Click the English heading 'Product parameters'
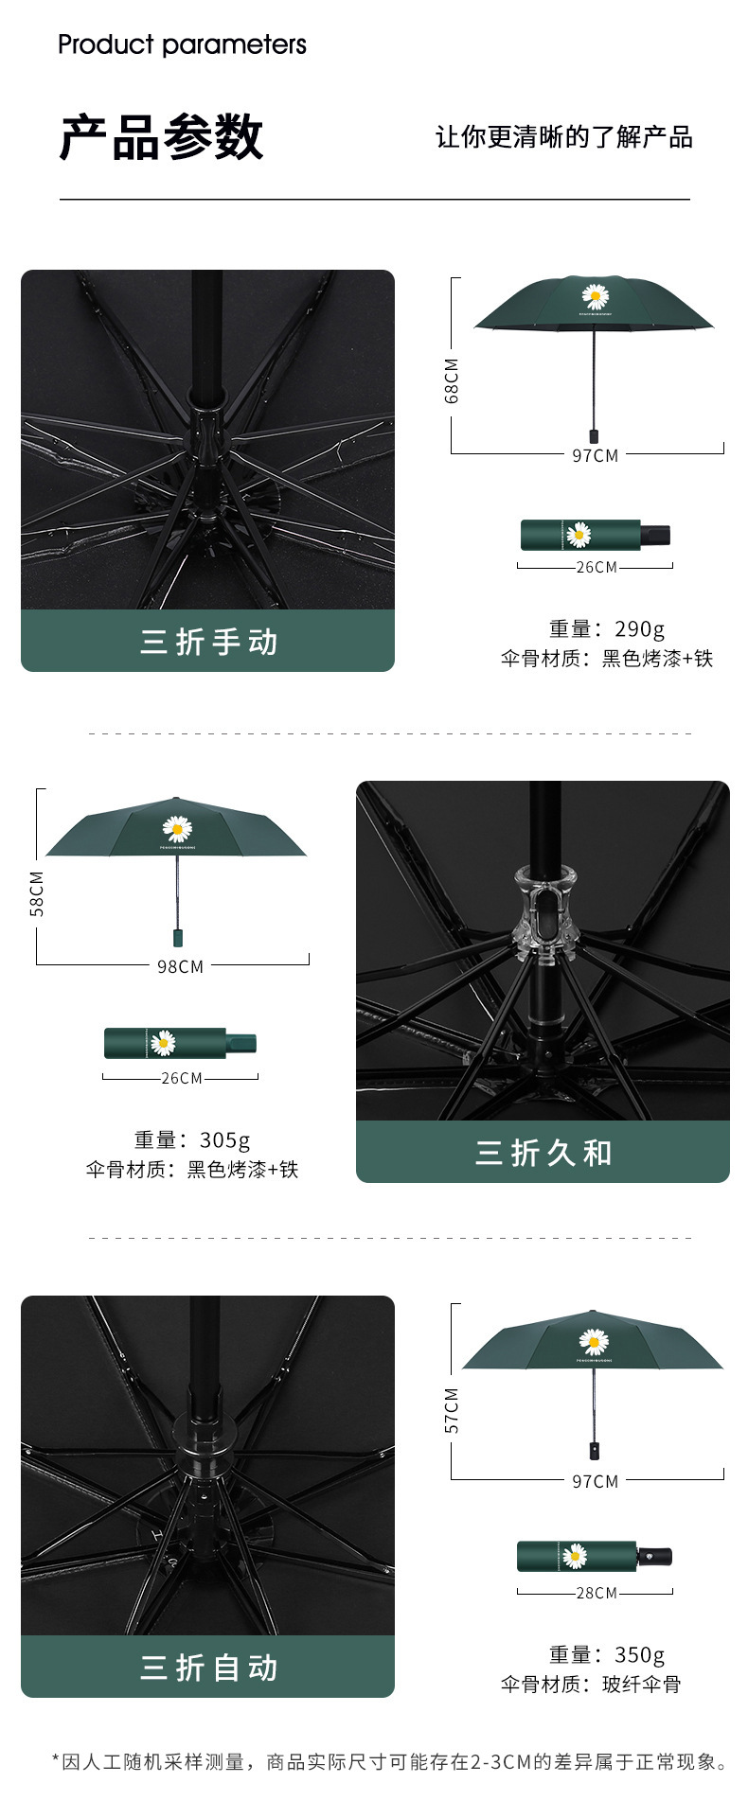(182, 44)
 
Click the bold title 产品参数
(161, 137)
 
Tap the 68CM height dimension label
(452, 380)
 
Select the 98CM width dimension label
(180, 966)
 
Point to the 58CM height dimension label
(37, 893)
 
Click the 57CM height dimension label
(452, 1410)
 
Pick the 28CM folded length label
(597, 1593)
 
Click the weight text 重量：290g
(607, 628)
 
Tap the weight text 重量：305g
(192, 1139)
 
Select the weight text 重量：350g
(607, 1654)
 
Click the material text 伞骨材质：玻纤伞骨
(591, 1684)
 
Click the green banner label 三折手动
(208, 642)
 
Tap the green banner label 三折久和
(543, 1153)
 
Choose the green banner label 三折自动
(208, 1668)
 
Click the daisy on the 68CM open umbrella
(595, 296)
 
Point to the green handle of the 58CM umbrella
(176, 937)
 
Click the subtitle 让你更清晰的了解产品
(563, 137)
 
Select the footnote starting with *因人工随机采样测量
(390, 1761)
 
